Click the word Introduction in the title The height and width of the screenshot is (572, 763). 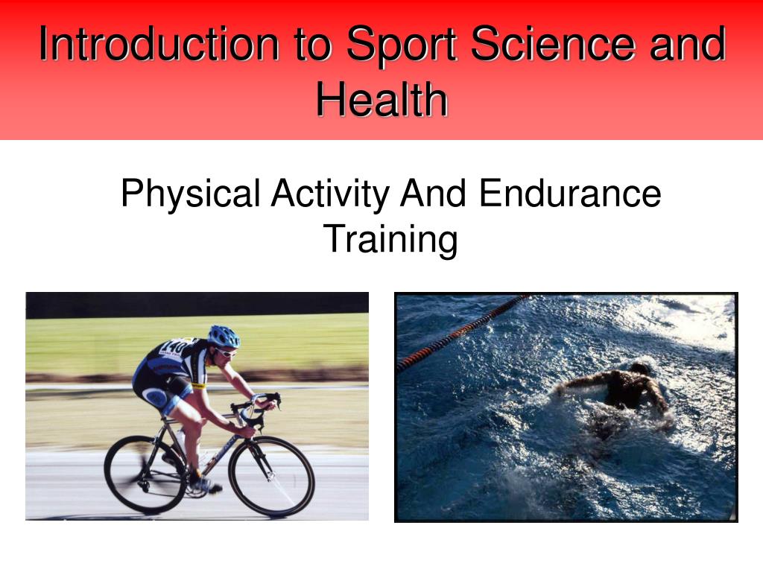pos(159,44)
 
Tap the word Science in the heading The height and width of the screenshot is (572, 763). pos(554,44)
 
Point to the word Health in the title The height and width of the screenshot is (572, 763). pos(382,99)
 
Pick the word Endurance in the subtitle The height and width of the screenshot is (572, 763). pos(570,193)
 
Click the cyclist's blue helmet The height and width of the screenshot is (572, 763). pos(224,336)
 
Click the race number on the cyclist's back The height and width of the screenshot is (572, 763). pos(172,347)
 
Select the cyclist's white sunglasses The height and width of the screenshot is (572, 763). pos(227,352)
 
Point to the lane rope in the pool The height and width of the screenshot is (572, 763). pos(463,331)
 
